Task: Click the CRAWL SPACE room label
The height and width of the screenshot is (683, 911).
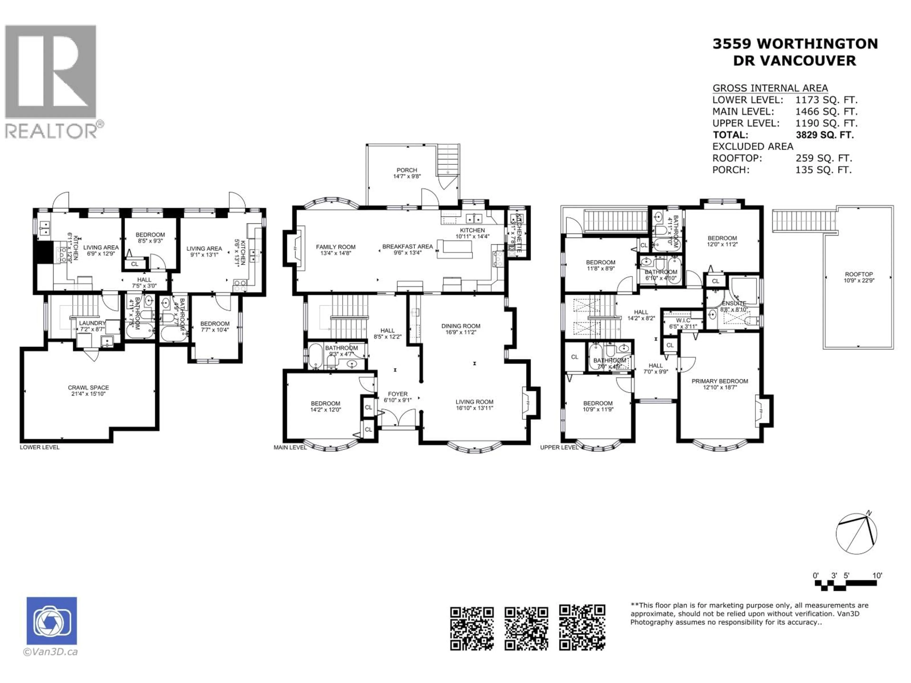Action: click(88, 388)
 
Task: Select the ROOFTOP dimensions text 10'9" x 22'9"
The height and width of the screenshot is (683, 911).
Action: click(859, 280)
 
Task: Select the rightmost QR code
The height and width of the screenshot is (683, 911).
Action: click(582, 628)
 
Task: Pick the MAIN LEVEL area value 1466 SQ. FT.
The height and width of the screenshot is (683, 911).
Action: click(826, 111)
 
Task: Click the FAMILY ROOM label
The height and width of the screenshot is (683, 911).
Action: click(336, 247)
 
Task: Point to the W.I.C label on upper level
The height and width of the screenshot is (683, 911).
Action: click(683, 320)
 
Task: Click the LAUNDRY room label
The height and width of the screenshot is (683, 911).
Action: click(92, 323)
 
